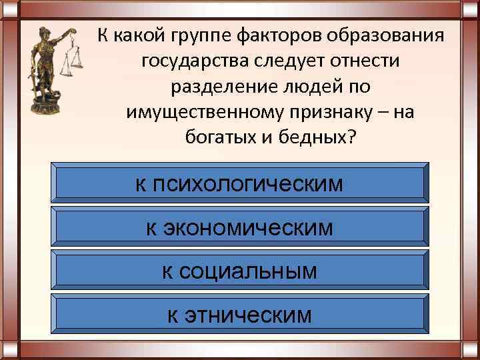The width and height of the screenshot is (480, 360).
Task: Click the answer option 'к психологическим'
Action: click(239, 183)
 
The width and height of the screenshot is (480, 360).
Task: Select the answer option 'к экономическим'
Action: click(239, 228)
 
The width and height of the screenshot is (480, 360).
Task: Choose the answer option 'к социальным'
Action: click(239, 271)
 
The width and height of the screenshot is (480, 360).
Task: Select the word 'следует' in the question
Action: click(281, 61)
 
